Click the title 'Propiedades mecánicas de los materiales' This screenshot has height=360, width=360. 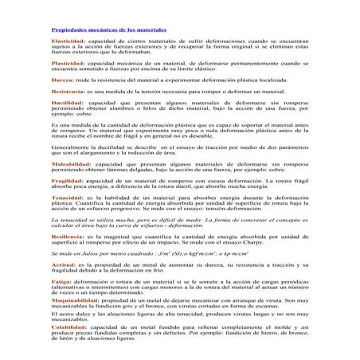click(102, 29)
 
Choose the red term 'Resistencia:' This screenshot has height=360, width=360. click(68, 92)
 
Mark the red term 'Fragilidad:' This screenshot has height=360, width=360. click(68, 179)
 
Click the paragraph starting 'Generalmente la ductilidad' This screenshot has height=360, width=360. click(179, 149)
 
